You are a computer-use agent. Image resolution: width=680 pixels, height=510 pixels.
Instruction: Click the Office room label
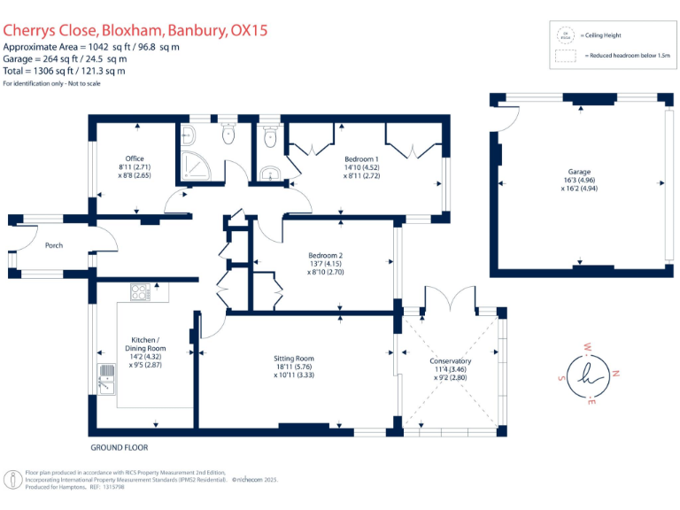(x=135, y=158)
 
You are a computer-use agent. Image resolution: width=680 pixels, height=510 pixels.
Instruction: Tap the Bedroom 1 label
(x=361, y=158)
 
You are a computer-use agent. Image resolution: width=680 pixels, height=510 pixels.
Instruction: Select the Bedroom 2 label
(x=325, y=256)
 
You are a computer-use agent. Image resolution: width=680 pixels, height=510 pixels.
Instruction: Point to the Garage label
(x=579, y=172)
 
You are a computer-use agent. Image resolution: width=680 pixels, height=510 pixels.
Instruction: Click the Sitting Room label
(x=293, y=359)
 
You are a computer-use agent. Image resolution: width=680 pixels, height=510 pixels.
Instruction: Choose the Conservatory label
(x=450, y=361)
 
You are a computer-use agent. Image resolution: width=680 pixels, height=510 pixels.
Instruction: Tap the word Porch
(x=53, y=245)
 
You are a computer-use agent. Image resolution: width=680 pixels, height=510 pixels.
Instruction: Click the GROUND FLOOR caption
(x=119, y=448)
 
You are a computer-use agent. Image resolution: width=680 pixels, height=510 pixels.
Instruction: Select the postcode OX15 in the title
(x=249, y=31)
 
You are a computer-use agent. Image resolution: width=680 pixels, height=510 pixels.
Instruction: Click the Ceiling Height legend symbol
(x=563, y=35)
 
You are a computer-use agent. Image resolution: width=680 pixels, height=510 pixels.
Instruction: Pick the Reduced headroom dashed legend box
(x=563, y=55)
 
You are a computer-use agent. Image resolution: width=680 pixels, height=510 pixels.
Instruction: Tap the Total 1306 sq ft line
(x=64, y=71)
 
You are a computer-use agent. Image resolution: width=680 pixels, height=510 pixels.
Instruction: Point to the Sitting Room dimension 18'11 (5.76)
(x=293, y=367)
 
